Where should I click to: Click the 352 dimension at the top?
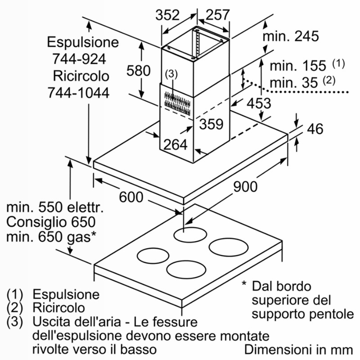[x=167, y=15]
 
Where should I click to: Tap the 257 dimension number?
[x=217, y=15]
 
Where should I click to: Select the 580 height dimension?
[x=139, y=71]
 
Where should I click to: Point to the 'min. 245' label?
[x=291, y=36]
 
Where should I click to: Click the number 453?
[x=259, y=103]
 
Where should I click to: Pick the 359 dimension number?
[x=211, y=124]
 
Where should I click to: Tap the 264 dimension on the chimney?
[x=175, y=144]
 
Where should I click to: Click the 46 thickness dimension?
[x=315, y=129]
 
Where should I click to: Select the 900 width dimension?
[x=245, y=186]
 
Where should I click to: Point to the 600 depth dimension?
[x=131, y=197]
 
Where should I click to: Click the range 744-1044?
[x=78, y=93]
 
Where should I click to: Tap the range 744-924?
[x=79, y=59]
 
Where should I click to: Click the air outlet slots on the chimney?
[x=177, y=103]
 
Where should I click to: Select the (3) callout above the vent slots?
[x=171, y=74]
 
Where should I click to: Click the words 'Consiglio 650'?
[x=51, y=222]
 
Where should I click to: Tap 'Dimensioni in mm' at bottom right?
[x=299, y=350]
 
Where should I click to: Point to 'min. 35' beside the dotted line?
[x=294, y=83]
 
